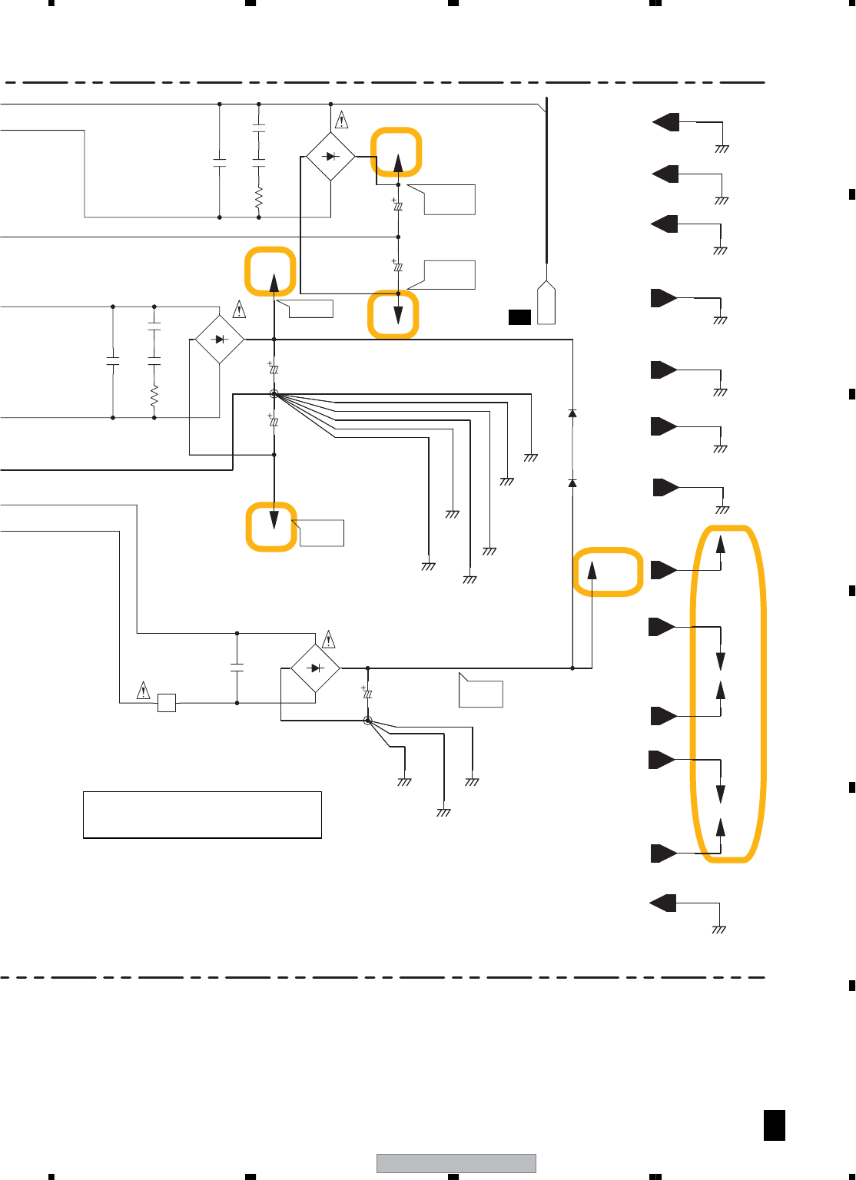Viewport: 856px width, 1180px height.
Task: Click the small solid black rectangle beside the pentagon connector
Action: pyautogui.click(x=519, y=317)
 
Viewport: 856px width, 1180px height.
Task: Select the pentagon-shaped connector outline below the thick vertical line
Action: pyautogui.click(x=546, y=304)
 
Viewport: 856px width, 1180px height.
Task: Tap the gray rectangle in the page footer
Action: pyautogui.click(x=456, y=1163)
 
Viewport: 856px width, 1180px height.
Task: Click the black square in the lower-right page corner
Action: pyautogui.click(x=775, y=1125)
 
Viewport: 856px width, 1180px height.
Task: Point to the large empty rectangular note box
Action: pyautogui.click(x=202, y=814)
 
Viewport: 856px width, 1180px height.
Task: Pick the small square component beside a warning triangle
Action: pyautogui.click(x=166, y=702)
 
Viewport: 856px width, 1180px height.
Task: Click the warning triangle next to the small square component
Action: pyautogui.click(x=143, y=690)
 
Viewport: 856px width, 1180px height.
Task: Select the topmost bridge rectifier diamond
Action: pyautogui.click(x=330, y=156)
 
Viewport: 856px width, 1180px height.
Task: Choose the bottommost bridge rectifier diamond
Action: pyautogui.click(x=315, y=668)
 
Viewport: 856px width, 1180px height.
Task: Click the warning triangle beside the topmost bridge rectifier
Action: pyautogui.click(x=342, y=121)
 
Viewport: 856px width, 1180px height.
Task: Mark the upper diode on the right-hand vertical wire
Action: pyautogui.click(x=572, y=414)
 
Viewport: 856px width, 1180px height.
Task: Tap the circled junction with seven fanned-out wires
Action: pyautogui.click(x=274, y=394)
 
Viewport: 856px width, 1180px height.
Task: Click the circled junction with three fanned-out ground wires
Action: pyautogui.click(x=368, y=721)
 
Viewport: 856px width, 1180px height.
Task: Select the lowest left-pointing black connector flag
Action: pyautogui.click(x=663, y=903)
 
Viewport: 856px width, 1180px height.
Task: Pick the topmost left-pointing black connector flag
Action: pyautogui.click(x=666, y=121)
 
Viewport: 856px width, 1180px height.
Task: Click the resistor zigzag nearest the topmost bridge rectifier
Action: pyautogui.click(x=259, y=197)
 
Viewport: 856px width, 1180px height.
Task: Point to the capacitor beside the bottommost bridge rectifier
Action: pyautogui.click(x=237, y=667)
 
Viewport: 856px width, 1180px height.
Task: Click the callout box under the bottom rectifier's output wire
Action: pyautogui.click(x=480, y=691)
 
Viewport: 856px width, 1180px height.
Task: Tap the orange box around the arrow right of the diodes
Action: pyautogui.click(x=608, y=572)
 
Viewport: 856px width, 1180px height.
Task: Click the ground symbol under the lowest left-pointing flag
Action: pyautogui.click(x=718, y=930)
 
